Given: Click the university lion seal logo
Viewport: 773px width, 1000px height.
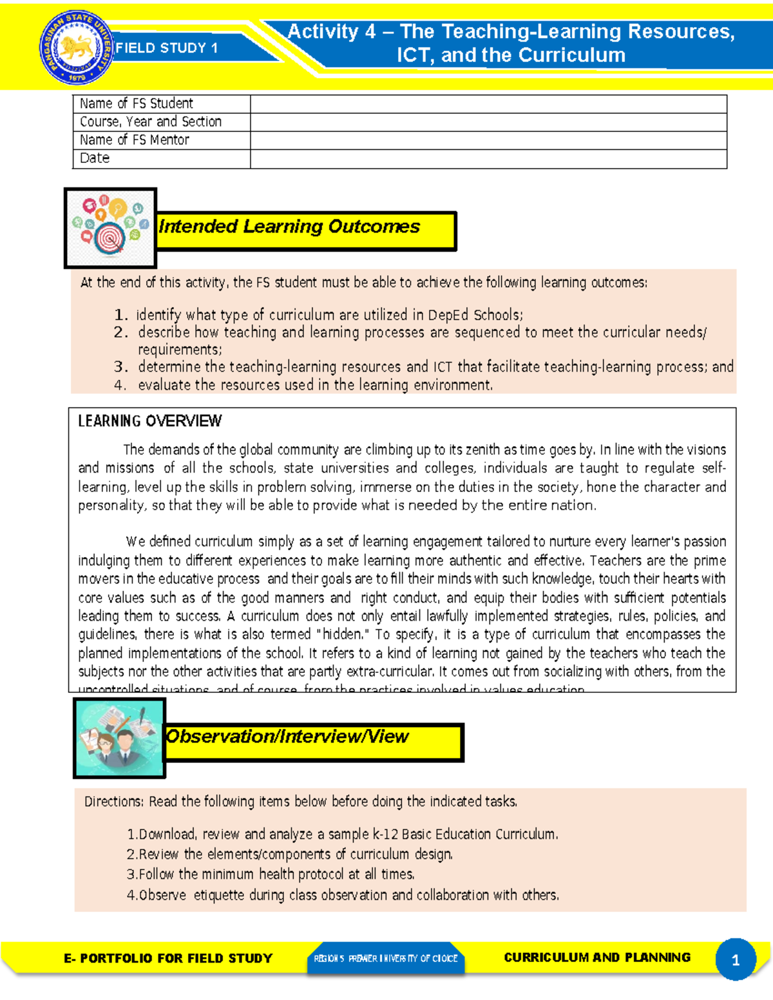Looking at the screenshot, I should click(x=76, y=49).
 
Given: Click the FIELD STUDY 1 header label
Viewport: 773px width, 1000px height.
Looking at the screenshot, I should click(x=166, y=48).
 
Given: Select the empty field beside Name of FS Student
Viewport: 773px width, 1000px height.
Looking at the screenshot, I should click(x=488, y=104).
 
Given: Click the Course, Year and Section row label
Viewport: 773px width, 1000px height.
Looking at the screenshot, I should click(x=151, y=122).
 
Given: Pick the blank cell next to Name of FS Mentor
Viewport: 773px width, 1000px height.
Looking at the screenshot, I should click(x=488, y=140).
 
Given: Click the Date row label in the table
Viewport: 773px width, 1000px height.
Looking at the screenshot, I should click(x=95, y=158).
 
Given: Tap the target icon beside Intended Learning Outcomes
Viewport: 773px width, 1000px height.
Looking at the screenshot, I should click(x=110, y=228).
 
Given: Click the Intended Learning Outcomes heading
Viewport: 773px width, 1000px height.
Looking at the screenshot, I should click(x=289, y=227).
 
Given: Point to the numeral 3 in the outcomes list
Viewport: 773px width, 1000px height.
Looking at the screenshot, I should click(x=120, y=367).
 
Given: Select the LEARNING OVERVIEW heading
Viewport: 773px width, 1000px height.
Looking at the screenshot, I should click(x=149, y=421).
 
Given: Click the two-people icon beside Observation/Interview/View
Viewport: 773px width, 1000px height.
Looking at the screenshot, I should click(x=119, y=738).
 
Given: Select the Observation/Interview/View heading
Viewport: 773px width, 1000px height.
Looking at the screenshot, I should click(x=287, y=737).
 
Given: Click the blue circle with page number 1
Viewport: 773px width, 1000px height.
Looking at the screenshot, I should click(x=735, y=960).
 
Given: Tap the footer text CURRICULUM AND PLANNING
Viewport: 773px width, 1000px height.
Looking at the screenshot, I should click(x=596, y=958).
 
